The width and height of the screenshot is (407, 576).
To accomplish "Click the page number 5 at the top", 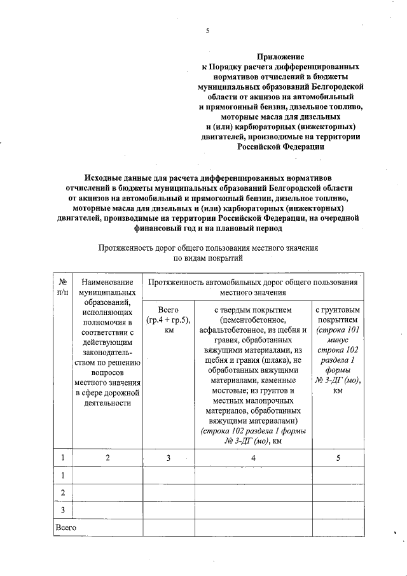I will click(x=207, y=31).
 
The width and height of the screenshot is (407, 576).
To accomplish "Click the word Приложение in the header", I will click(x=280, y=57).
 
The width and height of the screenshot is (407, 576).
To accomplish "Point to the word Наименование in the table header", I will click(x=107, y=281).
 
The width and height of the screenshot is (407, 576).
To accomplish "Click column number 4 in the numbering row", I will click(x=253, y=458).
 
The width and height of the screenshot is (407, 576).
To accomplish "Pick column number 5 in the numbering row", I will click(x=338, y=458).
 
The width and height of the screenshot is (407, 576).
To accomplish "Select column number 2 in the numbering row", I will click(x=107, y=458).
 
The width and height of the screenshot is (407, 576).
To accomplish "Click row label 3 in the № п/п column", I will click(x=63, y=510).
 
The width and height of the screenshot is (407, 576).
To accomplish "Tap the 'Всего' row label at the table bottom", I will click(x=66, y=528).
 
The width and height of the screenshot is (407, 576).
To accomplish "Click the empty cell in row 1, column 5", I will click(x=338, y=475).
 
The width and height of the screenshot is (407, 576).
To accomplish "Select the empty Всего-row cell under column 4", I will click(x=253, y=528).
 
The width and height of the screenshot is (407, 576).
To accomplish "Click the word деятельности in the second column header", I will click(x=107, y=402).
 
